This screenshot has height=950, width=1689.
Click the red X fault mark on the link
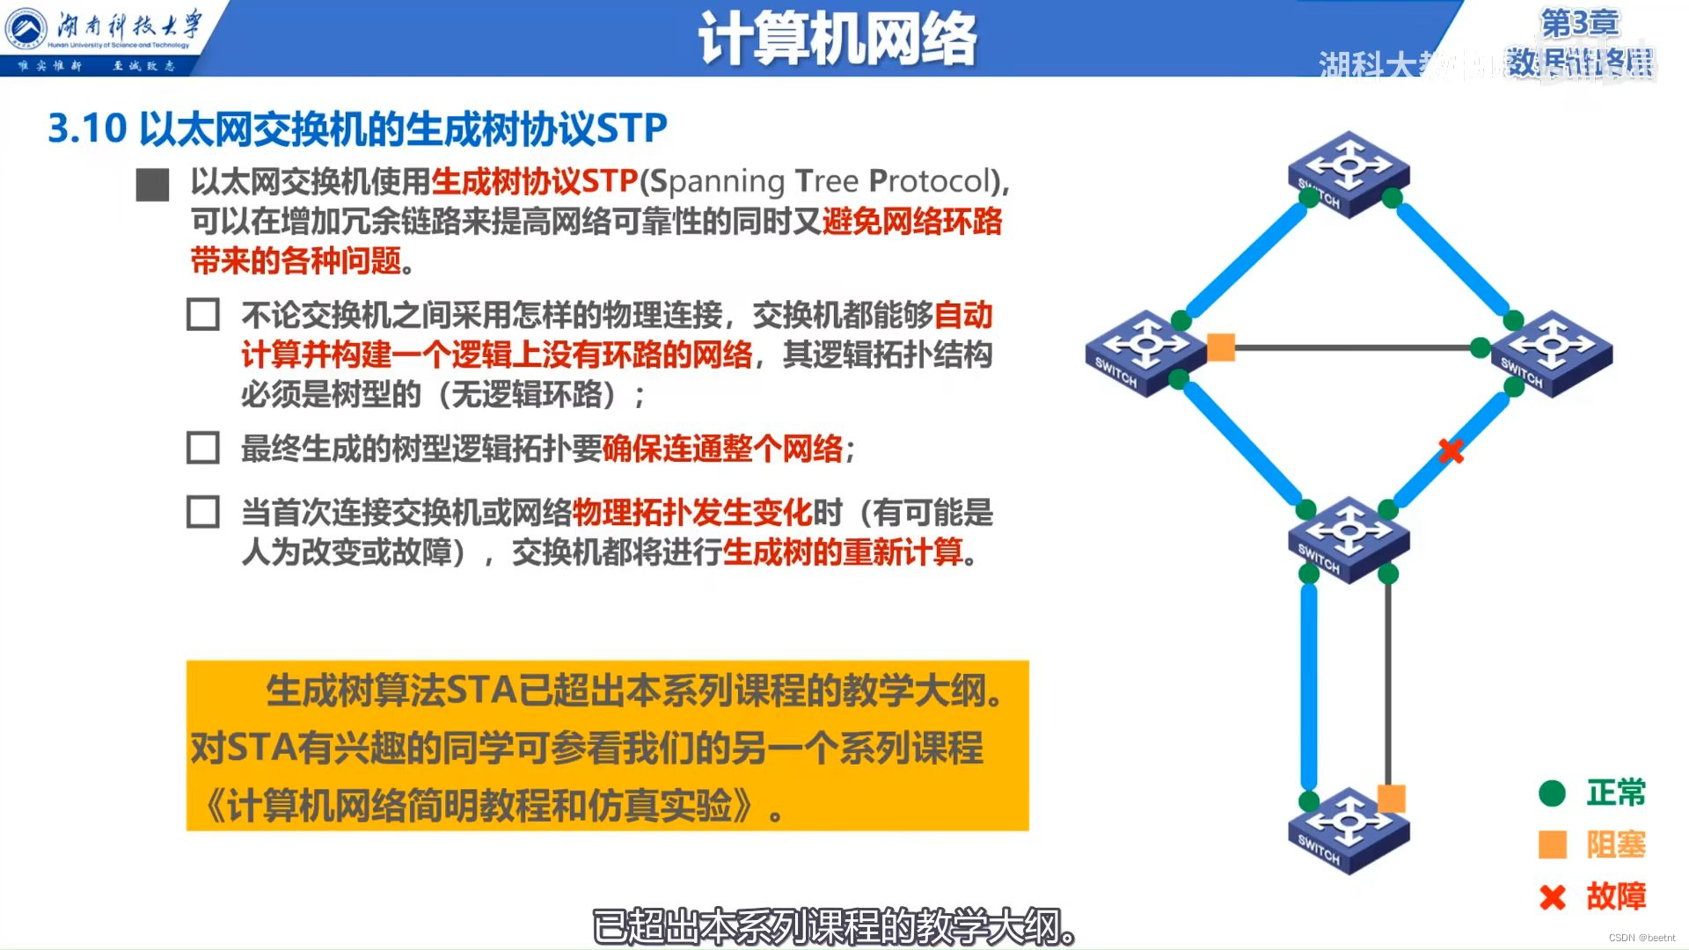click(1451, 451)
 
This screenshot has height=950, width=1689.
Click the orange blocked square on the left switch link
click(1221, 347)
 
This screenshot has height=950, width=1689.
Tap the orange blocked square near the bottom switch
click(1391, 798)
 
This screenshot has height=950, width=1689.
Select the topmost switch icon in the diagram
click(1348, 173)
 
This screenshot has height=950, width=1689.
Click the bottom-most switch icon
click(1348, 830)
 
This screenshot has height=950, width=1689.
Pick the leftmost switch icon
click(1144, 353)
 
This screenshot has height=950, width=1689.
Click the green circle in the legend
click(1552, 793)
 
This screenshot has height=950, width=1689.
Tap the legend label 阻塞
click(1616, 844)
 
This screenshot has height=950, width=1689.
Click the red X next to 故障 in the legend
click(1553, 897)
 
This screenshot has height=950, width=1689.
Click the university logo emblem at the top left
click(26, 30)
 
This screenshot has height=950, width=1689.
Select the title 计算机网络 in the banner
click(837, 40)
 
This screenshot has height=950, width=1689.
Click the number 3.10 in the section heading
click(87, 129)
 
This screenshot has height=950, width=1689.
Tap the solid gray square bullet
click(152, 185)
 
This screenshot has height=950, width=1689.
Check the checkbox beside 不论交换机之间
click(203, 314)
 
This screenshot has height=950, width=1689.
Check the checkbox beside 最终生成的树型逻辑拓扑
click(203, 448)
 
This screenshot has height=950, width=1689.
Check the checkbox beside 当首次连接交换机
click(203, 512)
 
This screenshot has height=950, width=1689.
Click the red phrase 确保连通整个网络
click(722, 449)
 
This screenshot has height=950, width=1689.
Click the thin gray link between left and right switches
click(1355, 348)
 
